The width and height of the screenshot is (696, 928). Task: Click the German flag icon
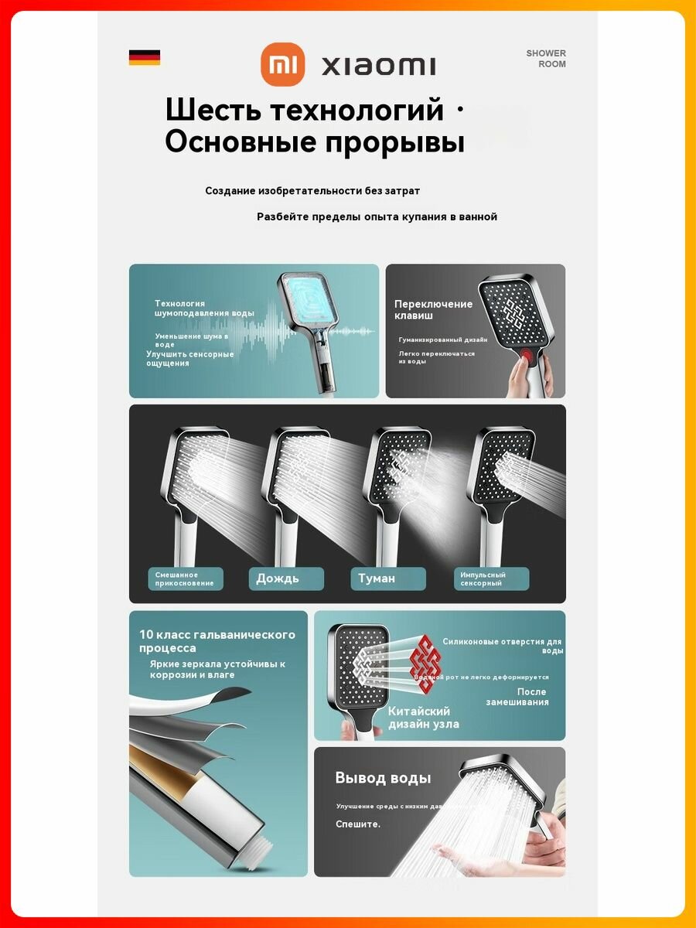(x=145, y=57)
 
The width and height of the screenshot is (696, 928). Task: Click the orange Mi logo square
(x=282, y=64)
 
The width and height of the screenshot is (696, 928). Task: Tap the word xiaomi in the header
(x=378, y=66)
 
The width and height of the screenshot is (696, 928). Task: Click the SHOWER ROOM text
(x=547, y=59)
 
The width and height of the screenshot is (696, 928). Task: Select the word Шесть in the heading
(x=211, y=109)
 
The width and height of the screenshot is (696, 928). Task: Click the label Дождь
(x=278, y=578)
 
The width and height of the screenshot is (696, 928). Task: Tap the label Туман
(x=377, y=578)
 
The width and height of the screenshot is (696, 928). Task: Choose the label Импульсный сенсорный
(x=483, y=578)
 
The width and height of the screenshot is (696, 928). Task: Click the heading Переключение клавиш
(x=433, y=309)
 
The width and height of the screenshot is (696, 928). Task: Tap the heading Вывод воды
(x=383, y=778)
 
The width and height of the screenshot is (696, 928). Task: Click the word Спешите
(x=358, y=824)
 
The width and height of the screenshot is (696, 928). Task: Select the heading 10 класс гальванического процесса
(x=217, y=641)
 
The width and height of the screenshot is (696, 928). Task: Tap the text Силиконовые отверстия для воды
(x=502, y=646)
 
